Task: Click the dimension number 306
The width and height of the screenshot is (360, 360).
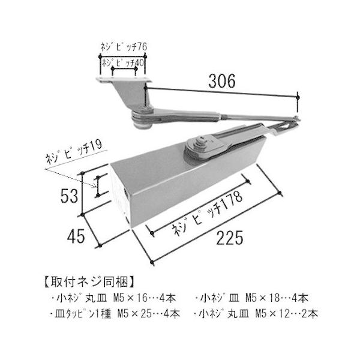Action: [x=222, y=81]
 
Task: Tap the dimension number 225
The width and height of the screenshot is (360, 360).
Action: [x=229, y=238]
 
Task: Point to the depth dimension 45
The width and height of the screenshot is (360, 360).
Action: [x=76, y=236]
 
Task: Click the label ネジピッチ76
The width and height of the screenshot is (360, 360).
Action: [x=124, y=47]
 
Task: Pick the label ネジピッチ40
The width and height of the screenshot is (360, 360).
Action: [x=123, y=63]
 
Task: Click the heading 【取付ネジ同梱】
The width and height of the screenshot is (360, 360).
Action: [x=89, y=282]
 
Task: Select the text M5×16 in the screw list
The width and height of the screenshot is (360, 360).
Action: [x=130, y=298]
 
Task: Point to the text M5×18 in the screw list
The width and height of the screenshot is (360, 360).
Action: [x=262, y=298]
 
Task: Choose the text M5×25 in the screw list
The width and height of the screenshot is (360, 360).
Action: [x=134, y=314]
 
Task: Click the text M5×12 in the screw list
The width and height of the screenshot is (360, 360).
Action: [x=272, y=314]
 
